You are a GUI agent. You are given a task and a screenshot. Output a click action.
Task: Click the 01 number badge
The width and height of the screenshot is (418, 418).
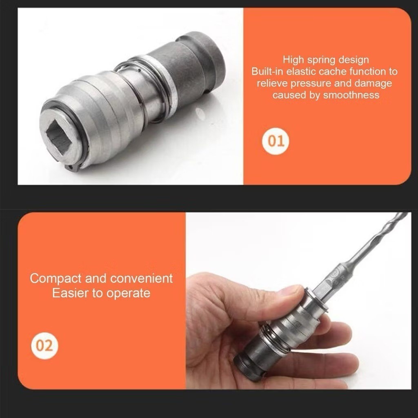tap(276, 141)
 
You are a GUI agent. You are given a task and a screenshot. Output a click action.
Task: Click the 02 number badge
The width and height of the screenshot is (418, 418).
tap(44, 346)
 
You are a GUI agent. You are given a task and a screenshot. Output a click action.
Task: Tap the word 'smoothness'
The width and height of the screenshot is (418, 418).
tap(351, 95)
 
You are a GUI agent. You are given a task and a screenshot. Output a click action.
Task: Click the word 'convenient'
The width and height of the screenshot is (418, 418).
tap(142, 278)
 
